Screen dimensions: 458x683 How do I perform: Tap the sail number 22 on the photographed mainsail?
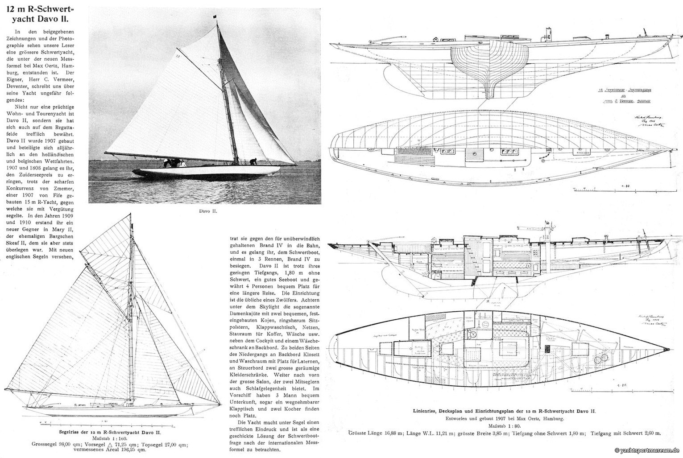177,56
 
